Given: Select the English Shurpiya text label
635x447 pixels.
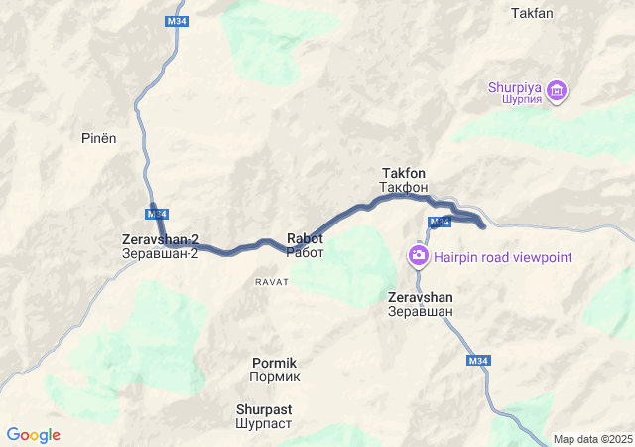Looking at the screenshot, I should pyautogui.click(x=514, y=87).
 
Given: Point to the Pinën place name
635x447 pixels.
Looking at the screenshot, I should pyautogui.click(x=99, y=138).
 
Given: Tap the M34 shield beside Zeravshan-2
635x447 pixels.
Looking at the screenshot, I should pyautogui.click(x=157, y=214).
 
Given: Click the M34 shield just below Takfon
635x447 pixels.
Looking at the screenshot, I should pyautogui.click(x=441, y=221).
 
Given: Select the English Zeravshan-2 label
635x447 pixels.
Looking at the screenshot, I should pyautogui.click(x=161, y=239).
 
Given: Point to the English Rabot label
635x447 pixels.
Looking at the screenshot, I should pyautogui.click(x=305, y=238).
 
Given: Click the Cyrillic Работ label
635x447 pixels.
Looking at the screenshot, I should pyautogui.click(x=305, y=252).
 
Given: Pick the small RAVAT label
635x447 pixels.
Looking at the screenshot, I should pyautogui.click(x=271, y=282).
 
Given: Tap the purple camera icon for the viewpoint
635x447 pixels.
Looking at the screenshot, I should pyautogui.click(x=419, y=257).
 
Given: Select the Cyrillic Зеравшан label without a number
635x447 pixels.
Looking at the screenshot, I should pyautogui.click(x=421, y=311).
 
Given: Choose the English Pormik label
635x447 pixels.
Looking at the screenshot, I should pyautogui.click(x=275, y=363).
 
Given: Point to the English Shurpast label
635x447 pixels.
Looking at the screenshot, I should pyautogui.click(x=264, y=408).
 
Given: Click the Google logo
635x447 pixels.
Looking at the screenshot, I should pyautogui.click(x=33, y=435).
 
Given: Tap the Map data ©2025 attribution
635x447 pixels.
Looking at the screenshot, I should pyautogui.click(x=591, y=439).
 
